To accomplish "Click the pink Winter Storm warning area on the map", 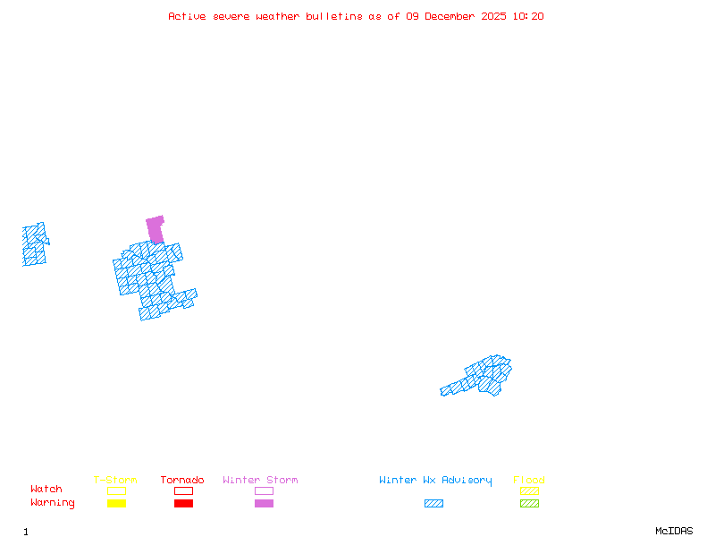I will pos(156,228).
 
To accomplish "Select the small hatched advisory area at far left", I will pos(34,245).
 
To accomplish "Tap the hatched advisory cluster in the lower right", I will pos(483,376).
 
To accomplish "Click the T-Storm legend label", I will pos(115,481).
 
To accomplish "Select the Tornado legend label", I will pos(182,481).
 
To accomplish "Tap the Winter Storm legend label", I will pos(260,481).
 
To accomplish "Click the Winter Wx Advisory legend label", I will pos(435,481).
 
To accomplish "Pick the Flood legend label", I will pos(529,481).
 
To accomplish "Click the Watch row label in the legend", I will pos(46,490).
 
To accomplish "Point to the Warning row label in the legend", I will pos(53,503).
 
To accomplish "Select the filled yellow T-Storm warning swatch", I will pos(116,503).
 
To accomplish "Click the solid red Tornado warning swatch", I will pos(183,503).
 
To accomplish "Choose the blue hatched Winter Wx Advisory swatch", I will pos(433,503).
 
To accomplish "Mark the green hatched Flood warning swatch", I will pos(529,503).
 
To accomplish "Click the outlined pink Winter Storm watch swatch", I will pos(264,490).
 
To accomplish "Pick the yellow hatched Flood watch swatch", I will pos(529,490).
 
